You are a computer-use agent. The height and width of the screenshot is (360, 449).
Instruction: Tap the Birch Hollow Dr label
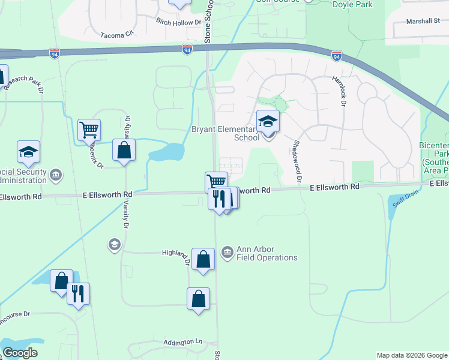[178, 22]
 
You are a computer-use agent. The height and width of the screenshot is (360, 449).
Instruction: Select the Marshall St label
[423, 21]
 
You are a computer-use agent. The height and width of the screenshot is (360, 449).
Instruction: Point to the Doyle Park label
[352, 5]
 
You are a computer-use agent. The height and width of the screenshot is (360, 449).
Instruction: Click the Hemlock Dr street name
[343, 92]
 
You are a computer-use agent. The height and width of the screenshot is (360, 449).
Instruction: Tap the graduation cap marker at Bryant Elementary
[268, 121]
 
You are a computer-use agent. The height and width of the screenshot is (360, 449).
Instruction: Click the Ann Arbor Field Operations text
[267, 254]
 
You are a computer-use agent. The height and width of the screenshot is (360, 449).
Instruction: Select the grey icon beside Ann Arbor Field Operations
[227, 252]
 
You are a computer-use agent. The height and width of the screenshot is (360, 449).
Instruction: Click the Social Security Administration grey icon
[56, 175]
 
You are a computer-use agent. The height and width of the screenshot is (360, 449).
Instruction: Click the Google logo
[20, 353]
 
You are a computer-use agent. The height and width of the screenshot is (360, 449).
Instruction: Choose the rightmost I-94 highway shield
[337, 56]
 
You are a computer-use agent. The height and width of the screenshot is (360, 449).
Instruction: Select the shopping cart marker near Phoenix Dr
[89, 129]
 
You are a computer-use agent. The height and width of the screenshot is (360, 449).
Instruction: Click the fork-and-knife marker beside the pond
[78, 294]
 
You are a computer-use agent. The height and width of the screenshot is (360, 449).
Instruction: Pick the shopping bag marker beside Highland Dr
[203, 259]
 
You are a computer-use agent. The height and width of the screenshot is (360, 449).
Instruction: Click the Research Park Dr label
[23, 83]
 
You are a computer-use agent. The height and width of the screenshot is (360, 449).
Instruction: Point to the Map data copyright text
[411, 355]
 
